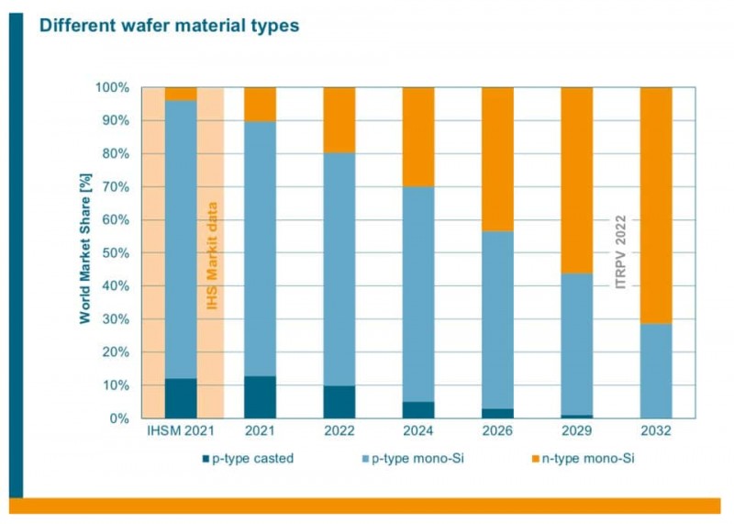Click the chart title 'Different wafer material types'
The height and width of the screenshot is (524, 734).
point(169,26)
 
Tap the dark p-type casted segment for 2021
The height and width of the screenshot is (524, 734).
point(260,396)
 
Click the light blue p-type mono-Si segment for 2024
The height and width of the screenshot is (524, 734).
point(418,294)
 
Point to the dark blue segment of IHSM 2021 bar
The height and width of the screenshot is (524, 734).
point(181,398)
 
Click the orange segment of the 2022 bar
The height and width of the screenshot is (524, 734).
point(339,119)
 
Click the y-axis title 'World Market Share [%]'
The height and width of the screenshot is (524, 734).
point(83,252)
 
